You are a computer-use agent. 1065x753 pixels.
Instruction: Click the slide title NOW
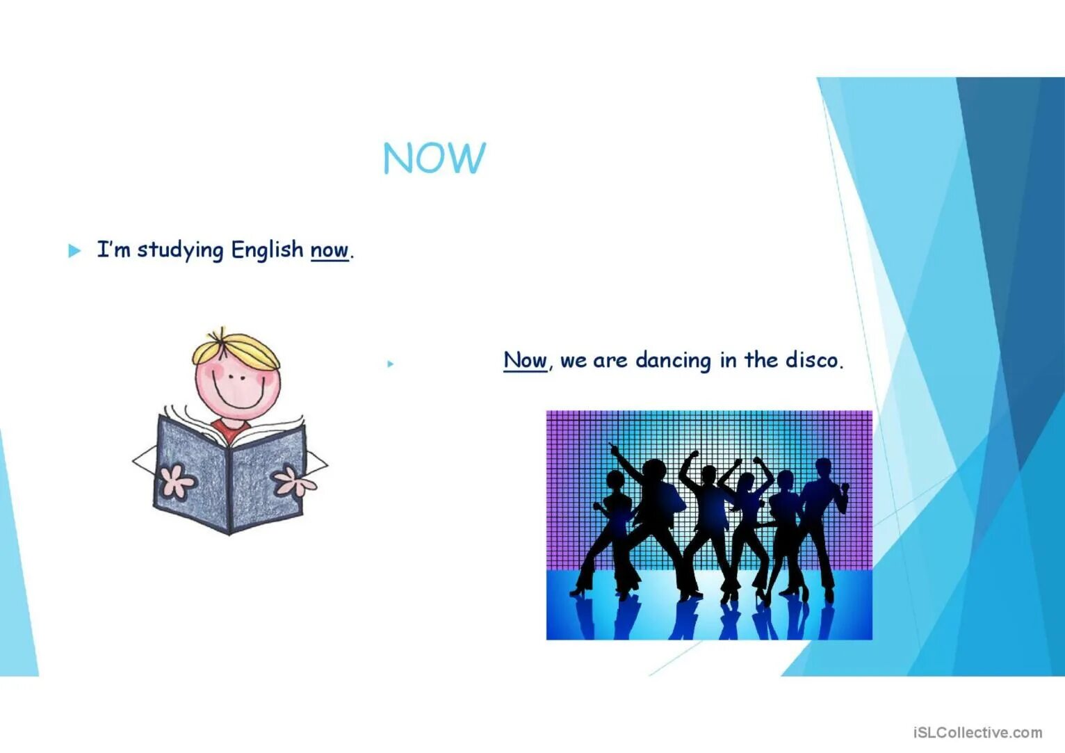tap(434, 158)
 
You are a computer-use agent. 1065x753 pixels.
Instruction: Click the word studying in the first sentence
tap(180, 250)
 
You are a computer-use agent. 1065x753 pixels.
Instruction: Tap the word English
tap(267, 249)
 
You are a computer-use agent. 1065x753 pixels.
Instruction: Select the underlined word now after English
tap(329, 250)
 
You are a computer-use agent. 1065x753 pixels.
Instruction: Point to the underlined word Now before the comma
tap(525, 360)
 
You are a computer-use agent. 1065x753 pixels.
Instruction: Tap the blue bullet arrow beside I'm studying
tap(74, 250)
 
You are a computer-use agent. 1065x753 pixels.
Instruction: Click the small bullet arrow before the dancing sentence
tap(391, 364)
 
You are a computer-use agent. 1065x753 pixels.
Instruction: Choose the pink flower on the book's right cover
tap(293, 480)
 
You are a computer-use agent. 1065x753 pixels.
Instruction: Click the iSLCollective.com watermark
tap(977, 732)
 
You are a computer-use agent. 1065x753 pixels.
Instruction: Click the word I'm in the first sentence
tap(113, 249)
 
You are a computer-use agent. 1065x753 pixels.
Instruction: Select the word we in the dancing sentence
tap(573, 361)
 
